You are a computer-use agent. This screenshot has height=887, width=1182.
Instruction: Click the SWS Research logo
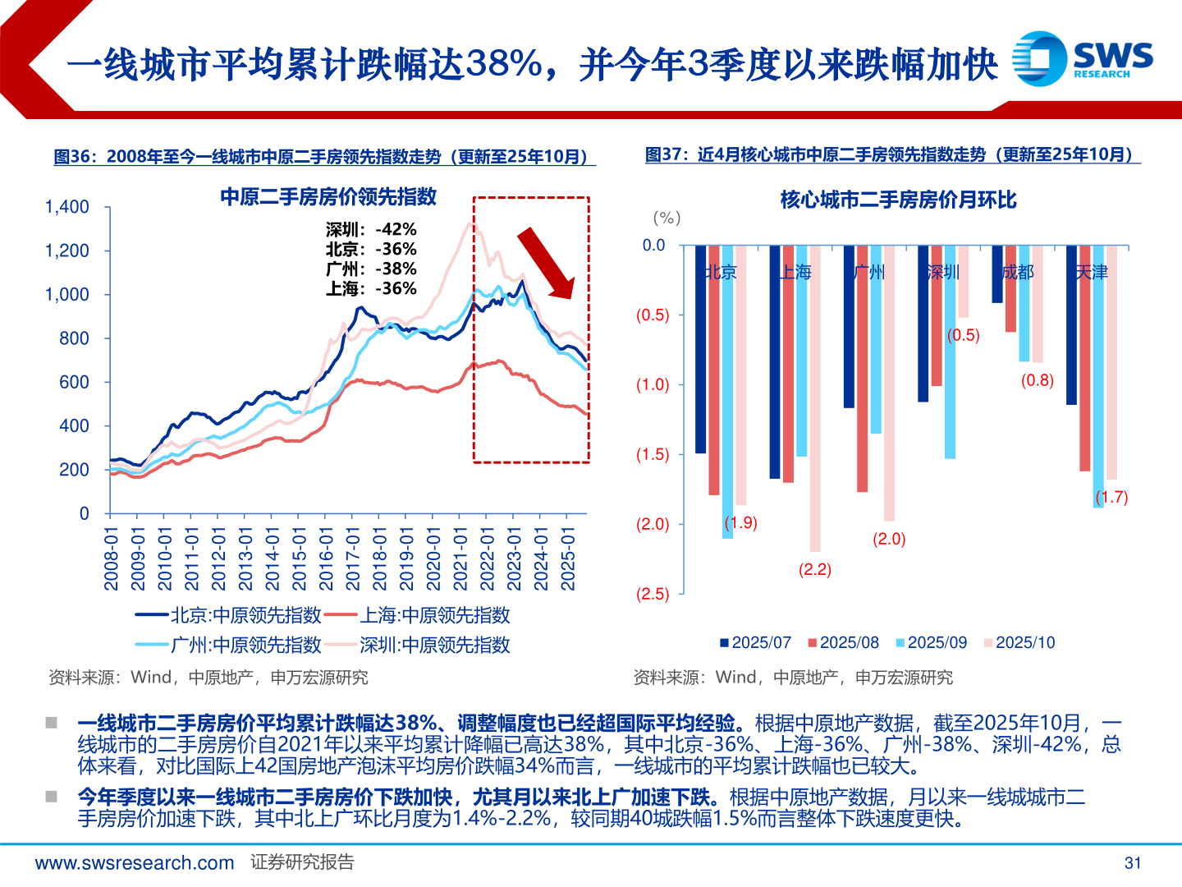pos(1082,58)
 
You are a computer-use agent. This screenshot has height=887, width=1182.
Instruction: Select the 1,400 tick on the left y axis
pos(66,207)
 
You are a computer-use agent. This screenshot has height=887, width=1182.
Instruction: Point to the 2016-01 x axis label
pos(327,558)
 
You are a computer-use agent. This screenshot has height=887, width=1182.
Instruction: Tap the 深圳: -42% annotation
pos(371,229)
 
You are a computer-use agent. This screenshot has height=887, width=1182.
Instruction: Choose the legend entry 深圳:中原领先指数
pos(419,645)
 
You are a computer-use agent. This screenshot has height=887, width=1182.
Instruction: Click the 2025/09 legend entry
pos(931,642)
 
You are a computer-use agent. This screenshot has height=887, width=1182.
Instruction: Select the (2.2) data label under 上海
pos(814,569)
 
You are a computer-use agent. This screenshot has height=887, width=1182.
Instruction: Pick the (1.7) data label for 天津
pos(1111,497)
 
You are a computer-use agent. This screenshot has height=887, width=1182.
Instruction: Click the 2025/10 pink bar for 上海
pos(814,398)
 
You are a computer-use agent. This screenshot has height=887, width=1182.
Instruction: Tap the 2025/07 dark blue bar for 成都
pos(996,274)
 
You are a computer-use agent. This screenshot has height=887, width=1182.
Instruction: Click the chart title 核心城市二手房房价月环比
pos(898,200)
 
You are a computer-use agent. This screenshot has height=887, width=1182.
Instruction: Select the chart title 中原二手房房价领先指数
pos(328,196)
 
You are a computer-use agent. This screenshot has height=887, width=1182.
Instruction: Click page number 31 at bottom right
pos(1132,862)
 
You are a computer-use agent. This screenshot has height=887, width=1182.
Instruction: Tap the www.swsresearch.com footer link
pos(135,862)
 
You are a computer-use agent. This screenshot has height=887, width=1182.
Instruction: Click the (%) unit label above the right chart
pos(666,218)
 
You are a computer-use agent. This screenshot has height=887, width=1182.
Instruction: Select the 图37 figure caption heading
pos(891,154)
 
